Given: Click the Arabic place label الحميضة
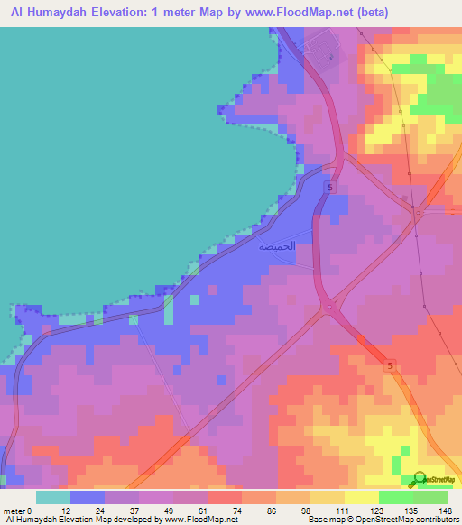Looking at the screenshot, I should (277, 246).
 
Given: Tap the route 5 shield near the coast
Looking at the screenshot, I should (331, 188).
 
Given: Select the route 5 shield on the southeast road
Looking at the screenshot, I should (390, 365).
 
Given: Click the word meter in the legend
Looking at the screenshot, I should (15, 511).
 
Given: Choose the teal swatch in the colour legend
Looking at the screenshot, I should (53, 497).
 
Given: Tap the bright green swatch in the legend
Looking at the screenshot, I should (395, 497).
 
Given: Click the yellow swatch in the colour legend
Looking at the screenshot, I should (327, 497).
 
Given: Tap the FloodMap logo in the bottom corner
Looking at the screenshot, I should (437, 479).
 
